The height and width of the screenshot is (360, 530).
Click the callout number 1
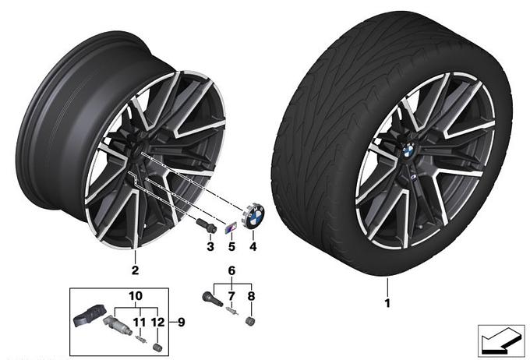[387, 303]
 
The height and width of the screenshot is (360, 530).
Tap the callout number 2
[135, 270]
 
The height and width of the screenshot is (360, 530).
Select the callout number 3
[210, 246]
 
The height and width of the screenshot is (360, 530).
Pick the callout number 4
[253, 246]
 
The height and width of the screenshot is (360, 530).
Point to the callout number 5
[231, 246]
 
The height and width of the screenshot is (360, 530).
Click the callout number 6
[231, 270]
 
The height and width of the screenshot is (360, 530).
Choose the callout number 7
[231, 296]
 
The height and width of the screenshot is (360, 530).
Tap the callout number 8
[251, 296]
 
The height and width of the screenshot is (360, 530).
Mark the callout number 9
[182, 322]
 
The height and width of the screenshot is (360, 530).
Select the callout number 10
[136, 296]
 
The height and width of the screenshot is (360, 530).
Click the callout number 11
[140, 322]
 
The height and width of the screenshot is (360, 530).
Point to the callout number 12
[158, 322]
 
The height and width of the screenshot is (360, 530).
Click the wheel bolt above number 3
[207, 225]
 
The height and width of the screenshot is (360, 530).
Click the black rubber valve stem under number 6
[211, 298]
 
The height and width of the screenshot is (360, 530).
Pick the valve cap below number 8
[251, 321]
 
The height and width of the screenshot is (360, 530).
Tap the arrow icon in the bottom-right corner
[501, 341]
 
